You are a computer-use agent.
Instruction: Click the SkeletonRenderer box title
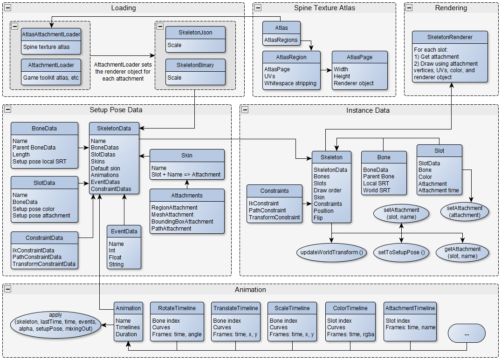(x=450, y=37)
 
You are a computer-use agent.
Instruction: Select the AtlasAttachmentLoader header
(x=51, y=34)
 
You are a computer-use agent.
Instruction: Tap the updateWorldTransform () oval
(x=332, y=252)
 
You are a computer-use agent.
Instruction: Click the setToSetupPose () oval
(x=401, y=252)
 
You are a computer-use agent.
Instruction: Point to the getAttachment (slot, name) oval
(x=463, y=252)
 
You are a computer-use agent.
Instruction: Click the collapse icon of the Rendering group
(x=409, y=8)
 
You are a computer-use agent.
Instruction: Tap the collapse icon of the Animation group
(x=7, y=290)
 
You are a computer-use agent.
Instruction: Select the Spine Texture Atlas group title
(x=324, y=8)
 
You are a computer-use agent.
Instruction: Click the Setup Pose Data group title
(x=116, y=110)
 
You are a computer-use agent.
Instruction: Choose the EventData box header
(x=123, y=231)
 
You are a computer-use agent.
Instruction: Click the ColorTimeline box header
(x=350, y=308)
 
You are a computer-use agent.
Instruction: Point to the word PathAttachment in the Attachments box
(x=171, y=229)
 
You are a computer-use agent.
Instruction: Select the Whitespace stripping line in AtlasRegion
(x=290, y=83)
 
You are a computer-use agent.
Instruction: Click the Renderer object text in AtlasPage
(x=354, y=83)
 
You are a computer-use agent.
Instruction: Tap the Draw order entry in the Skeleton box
(x=328, y=190)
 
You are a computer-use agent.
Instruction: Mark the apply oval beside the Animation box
(x=55, y=322)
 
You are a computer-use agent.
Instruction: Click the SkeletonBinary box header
(x=196, y=65)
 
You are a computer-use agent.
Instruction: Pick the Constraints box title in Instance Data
(x=275, y=190)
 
